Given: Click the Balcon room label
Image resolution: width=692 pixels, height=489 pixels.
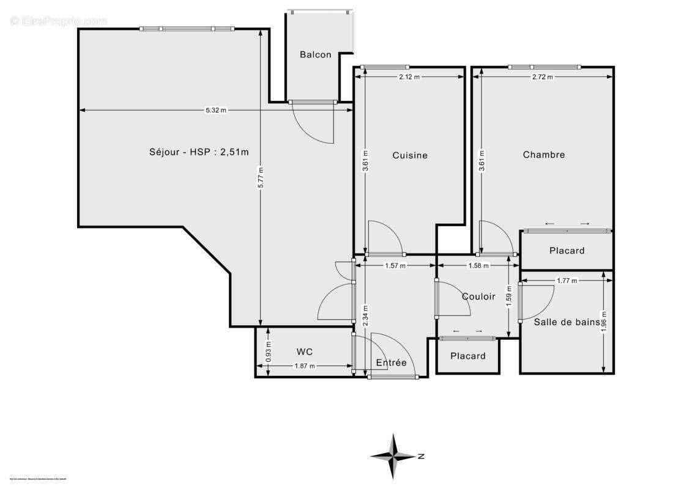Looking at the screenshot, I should (315, 54).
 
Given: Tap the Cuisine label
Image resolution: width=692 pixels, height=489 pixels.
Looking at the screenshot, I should (410, 155).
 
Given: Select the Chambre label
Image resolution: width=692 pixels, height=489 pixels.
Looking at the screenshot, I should (543, 155).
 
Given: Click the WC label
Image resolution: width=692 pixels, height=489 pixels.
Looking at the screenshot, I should (305, 351).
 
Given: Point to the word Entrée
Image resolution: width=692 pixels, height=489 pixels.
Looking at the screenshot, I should (391, 362).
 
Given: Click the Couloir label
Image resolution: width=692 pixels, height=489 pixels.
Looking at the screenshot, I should (478, 296).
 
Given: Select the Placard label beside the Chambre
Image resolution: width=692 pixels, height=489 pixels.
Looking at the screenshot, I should (567, 251).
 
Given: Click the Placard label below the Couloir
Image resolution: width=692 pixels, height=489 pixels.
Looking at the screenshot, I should (467, 356).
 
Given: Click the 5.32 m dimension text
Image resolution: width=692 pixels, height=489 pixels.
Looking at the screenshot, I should (215, 111).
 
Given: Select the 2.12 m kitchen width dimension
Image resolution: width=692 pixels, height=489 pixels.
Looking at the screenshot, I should (409, 77).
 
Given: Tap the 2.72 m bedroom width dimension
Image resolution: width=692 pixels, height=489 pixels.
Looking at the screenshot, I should (543, 77).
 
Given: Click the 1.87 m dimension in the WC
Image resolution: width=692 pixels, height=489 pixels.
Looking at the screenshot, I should (305, 366).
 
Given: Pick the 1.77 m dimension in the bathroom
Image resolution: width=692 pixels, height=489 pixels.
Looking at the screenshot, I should (567, 281).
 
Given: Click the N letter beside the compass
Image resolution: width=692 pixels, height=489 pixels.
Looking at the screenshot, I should (421, 456).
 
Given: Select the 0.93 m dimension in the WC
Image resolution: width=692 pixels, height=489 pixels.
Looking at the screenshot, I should (268, 352).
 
